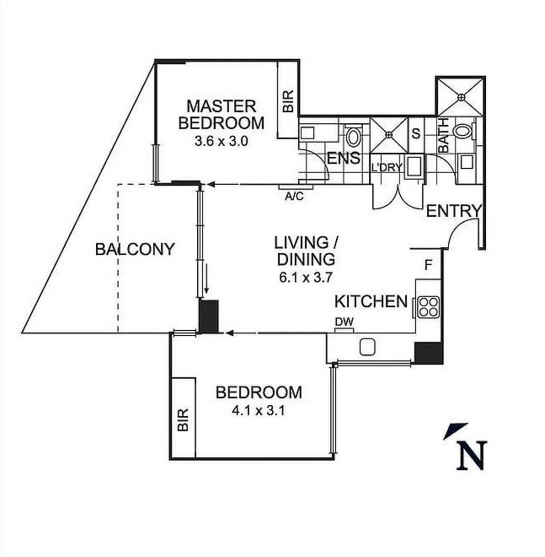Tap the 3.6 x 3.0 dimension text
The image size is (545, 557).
tap(221, 141)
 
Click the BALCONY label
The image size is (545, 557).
tap(135, 250)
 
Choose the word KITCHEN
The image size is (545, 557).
tap(371, 301)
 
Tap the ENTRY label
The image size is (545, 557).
tap(454, 210)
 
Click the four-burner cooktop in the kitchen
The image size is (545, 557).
tap(428, 307)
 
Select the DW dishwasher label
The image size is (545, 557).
tap(344, 322)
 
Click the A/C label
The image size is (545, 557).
tap(294, 196)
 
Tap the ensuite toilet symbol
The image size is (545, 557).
tap(353, 137)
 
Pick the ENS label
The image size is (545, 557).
tap(344, 158)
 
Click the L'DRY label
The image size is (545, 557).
tap(386, 168)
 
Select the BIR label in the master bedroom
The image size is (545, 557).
tap(288, 101)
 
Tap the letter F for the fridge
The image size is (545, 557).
tap(428, 266)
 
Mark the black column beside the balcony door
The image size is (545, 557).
tap(209, 316)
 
